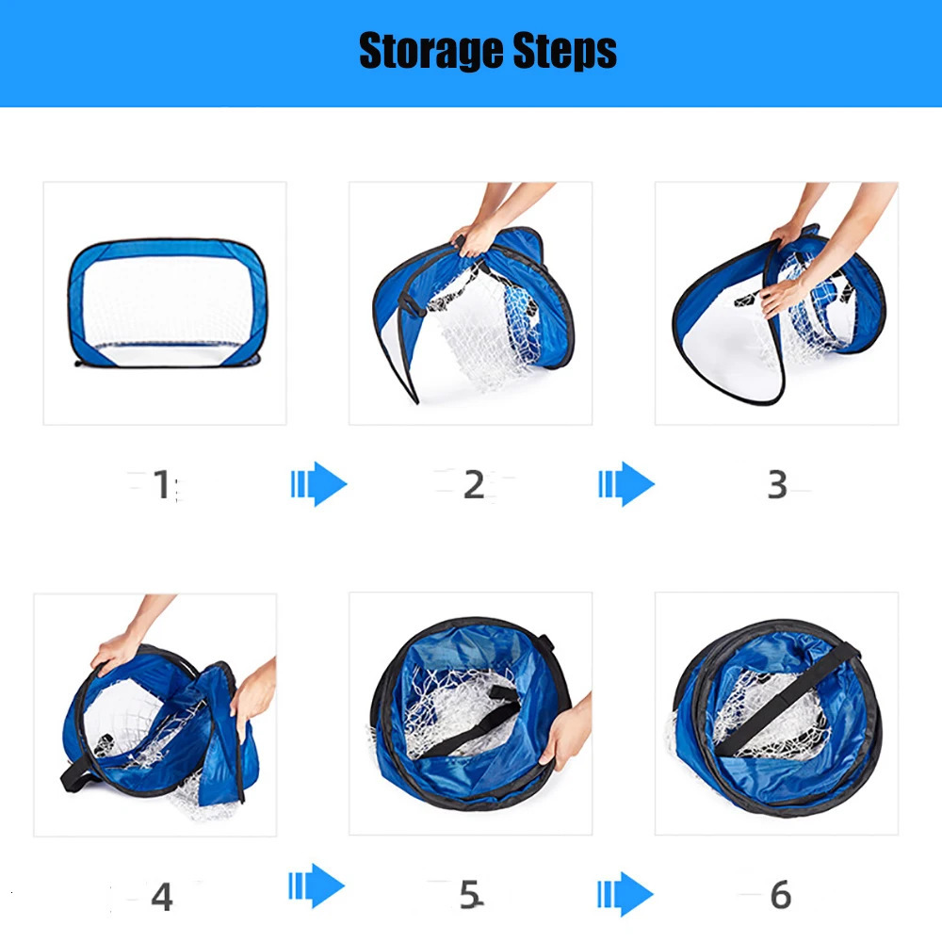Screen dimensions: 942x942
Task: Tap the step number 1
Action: click(162, 485)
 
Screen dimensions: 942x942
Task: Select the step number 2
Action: click(474, 485)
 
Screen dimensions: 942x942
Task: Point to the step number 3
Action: click(777, 484)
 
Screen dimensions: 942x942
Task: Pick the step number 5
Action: click(469, 896)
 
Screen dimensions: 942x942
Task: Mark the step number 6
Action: click(780, 896)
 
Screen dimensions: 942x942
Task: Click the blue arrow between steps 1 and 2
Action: click(319, 484)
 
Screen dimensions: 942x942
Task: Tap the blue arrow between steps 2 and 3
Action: click(626, 484)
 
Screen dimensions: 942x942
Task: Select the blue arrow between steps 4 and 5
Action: click(317, 887)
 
